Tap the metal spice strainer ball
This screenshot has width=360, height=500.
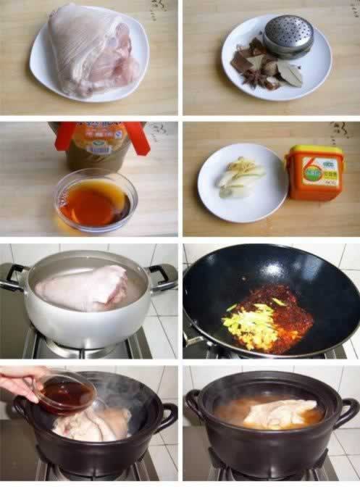click(x=288, y=35)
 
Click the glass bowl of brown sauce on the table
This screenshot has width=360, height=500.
click(x=95, y=199)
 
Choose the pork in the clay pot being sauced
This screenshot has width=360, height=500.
click(x=91, y=423)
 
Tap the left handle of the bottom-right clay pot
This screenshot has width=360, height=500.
click(x=194, y=402)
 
